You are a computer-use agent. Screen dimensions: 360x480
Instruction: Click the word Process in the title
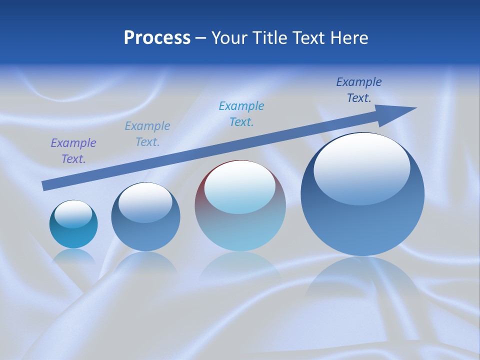pyautogui.click(x=157, y=38)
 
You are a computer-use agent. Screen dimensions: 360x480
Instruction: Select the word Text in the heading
pyautogui.click(x=309, y=38)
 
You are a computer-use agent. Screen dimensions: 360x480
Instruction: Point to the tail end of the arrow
pyautogui.click(x=45, y=186)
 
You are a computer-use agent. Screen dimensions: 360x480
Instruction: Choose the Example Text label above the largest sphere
pyautogui.click(x=359, y=90)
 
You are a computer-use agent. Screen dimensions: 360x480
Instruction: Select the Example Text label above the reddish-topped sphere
pyautogui.click(x=241, y=113)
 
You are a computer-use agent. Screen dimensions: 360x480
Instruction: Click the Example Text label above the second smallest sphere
pyautogui.click(x=147, y=134)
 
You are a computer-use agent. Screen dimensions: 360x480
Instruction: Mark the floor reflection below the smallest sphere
pyautogui.click(x=74, y=257)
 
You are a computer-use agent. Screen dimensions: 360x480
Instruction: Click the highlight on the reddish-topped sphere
pyautogui.click(x=239, y=186)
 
